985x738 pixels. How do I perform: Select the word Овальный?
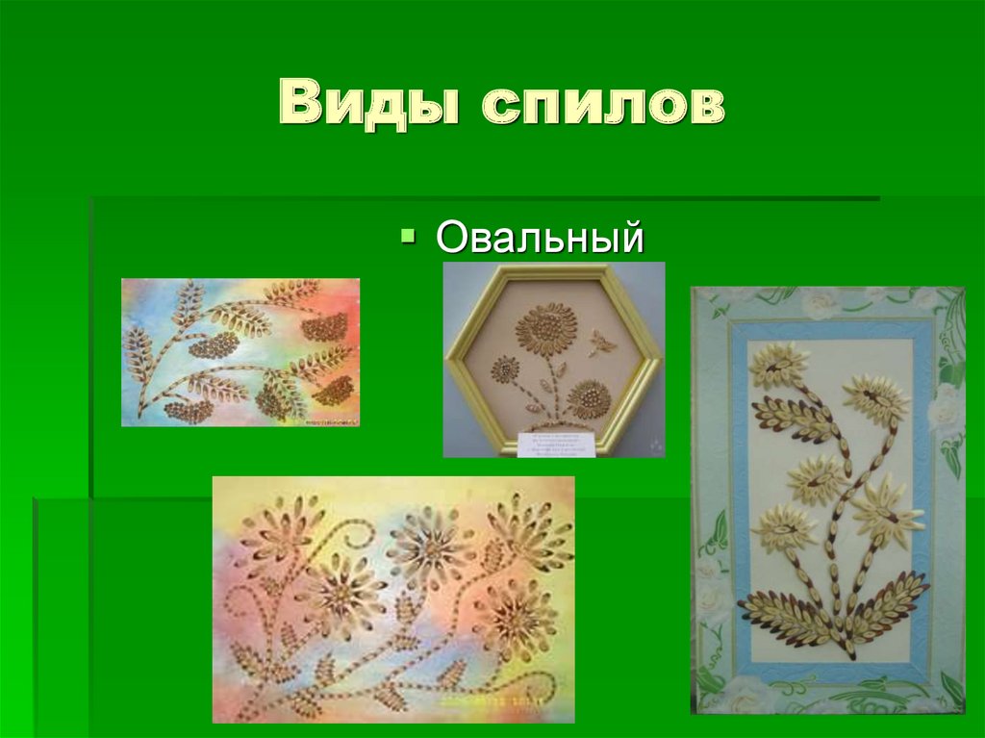click(539, 238)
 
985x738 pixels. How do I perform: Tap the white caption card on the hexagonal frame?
click(553, 444)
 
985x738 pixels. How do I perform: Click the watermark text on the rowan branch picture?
click(328, 420)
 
